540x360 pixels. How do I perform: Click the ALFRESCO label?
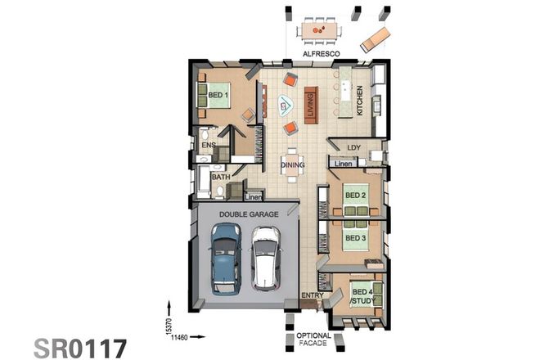coord(321,53)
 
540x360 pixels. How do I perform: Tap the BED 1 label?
coord(217,96)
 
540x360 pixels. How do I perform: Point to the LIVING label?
coord(310,104)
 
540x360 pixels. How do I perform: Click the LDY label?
coord(353,148)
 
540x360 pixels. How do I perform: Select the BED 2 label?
coord(354,196)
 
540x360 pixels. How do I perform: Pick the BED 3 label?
coord(354,238)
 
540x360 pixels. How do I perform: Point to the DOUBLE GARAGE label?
coord(249,214)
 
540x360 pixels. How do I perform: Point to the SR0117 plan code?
coord(80,347)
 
